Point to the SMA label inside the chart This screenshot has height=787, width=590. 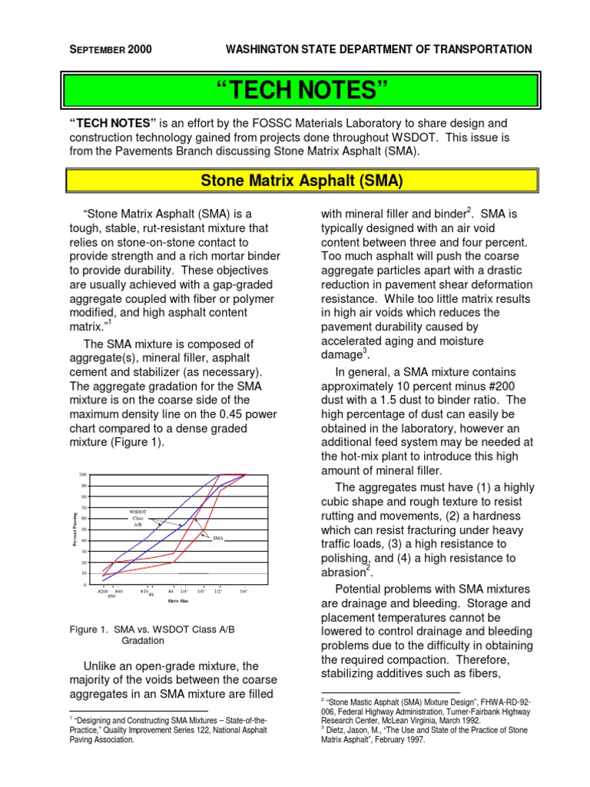coord(217,540)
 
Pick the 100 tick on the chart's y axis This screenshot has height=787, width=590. coord(83,475)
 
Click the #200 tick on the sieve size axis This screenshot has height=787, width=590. coord(103,591)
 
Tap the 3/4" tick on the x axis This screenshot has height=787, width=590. coord(244,591)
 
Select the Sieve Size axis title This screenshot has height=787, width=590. coord(178,601)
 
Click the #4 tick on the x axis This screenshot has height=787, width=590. coord(171,591)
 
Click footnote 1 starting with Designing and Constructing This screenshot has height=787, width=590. coord(168,730)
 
